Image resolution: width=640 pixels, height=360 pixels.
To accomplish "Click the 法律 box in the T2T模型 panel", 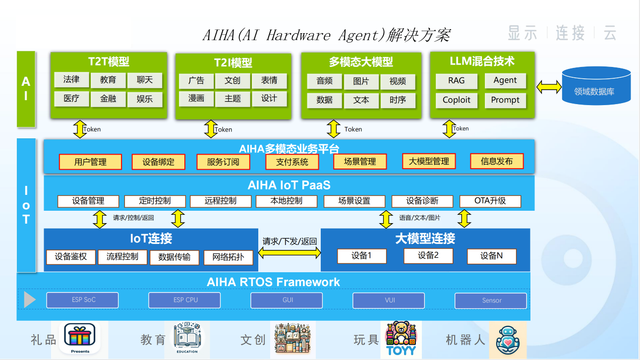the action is click(71, 79).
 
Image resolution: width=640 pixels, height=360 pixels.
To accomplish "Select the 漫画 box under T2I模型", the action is click(196, 99).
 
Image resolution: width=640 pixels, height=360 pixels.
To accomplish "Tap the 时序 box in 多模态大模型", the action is click(398, 100).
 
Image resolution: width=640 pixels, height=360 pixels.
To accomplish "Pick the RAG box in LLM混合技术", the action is click(456, 81).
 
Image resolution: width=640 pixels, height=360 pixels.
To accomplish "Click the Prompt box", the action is click(505, 100).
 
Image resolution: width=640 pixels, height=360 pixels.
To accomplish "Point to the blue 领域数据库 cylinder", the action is click(596, 86).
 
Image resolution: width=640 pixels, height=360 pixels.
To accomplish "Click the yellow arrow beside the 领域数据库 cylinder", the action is click(549, 87).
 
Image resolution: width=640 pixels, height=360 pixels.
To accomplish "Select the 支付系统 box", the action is click(292, 162).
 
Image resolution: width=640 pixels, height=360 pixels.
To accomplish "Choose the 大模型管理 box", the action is click(429, 162).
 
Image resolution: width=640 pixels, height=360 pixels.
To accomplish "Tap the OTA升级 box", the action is click(490, 201).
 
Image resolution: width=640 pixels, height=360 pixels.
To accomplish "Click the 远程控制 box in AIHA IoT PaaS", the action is click(220, 201).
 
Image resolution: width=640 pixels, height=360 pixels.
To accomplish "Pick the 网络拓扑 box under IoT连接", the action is click(228, 257).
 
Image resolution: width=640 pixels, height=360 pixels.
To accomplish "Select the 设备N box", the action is click(491, 256).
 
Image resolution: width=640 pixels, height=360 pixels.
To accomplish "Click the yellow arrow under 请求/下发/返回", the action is click(290, 253).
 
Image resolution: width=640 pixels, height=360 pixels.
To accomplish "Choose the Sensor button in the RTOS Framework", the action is click(491, 301).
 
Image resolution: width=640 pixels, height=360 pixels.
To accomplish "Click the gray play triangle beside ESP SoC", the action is click(29, 300).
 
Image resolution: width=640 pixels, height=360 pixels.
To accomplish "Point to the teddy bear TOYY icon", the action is click(401, 338).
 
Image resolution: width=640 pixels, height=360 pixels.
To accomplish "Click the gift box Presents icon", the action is click(80, 338).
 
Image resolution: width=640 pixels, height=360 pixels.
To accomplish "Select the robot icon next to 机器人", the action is click(508, 340).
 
